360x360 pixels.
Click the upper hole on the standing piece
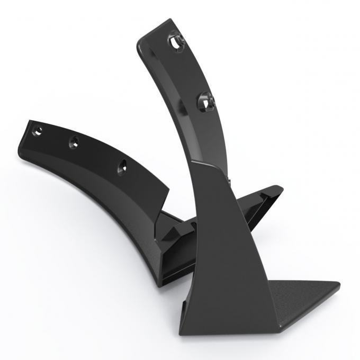[178, 40]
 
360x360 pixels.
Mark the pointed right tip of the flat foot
[338, 286]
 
